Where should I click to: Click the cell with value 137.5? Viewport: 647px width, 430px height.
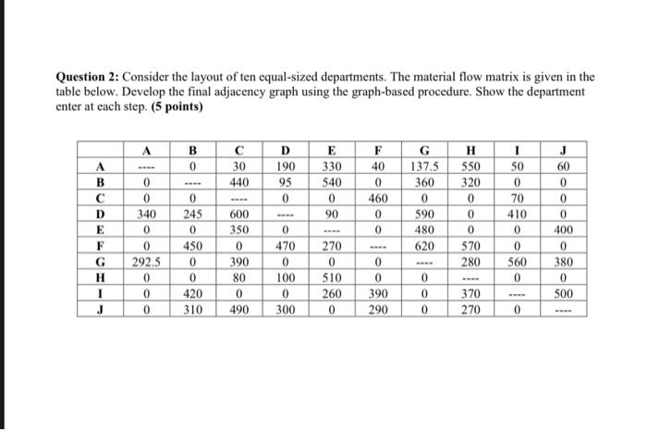[x=425, y=166]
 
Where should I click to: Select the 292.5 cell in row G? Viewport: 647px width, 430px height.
[x=145, y=262]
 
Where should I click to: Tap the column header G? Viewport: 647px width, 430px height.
[x=425, y=150]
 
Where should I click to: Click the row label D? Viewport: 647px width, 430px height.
[x=97, y=214]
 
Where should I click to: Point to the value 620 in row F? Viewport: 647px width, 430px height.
[x=425, y=246]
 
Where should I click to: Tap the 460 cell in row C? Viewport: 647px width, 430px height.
[x=378, y=198]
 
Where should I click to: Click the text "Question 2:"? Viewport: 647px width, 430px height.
[x=90, y=77]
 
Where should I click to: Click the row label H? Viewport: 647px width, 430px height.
[x=97, y=278]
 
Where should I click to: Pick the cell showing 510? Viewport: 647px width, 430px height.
[x=332, y=278]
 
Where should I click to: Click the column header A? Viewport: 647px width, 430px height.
[x=145, y=150]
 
